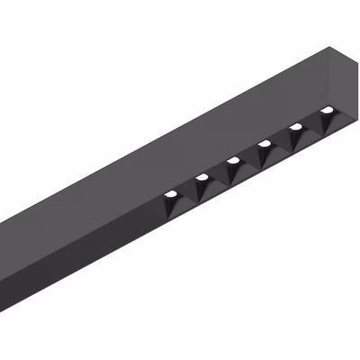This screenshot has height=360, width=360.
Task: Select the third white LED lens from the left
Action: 233,160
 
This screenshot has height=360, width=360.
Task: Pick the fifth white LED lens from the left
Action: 296,127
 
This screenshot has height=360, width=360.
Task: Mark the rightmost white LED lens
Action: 327,111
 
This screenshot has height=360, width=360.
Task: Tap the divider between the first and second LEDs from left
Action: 186,192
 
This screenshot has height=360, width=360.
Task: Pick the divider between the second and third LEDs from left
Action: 218,175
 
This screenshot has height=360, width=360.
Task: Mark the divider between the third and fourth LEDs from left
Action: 249,159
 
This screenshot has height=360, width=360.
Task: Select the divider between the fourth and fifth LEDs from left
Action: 281,142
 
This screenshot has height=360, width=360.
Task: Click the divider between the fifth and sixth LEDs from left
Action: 312,126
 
